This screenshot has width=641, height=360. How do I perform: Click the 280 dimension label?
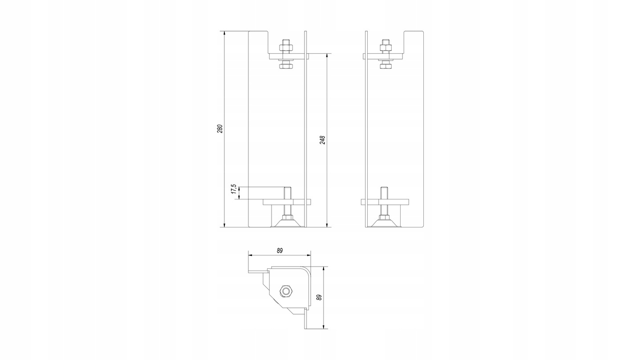tap(220, 129)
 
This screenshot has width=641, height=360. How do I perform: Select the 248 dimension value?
tap(322, 140)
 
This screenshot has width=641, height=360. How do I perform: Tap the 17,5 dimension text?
tap(234, 190)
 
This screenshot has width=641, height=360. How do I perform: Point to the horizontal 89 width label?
tap(280, 251)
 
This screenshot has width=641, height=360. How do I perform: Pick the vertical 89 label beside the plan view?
tap(320, 297)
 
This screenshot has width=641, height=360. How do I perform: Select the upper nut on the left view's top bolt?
tap(286, 48)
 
